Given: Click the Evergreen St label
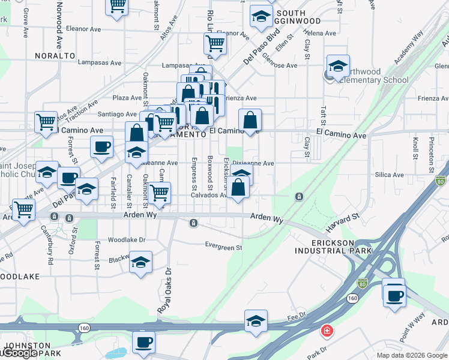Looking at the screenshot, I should coord(223,247).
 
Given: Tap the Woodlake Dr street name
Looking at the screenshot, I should coord(127,239).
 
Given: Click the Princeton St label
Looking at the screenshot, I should coord(432,149).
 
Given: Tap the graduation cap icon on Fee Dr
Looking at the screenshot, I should coord(256,320).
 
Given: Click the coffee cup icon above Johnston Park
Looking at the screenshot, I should coord(143,342).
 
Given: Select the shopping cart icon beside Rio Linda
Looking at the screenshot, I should coord(215,43).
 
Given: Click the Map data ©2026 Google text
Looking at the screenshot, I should coord(412,355).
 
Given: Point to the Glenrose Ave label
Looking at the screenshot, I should coord(280,65).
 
